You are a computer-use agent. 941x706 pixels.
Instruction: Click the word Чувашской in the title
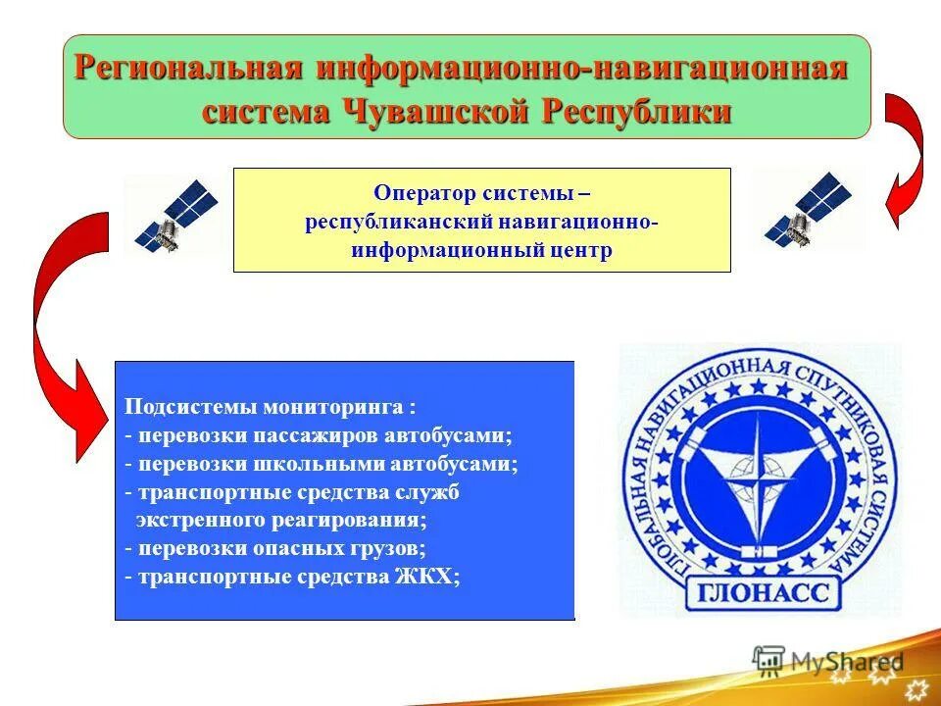(433, 110)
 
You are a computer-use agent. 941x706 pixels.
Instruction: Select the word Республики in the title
(637, 110)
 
